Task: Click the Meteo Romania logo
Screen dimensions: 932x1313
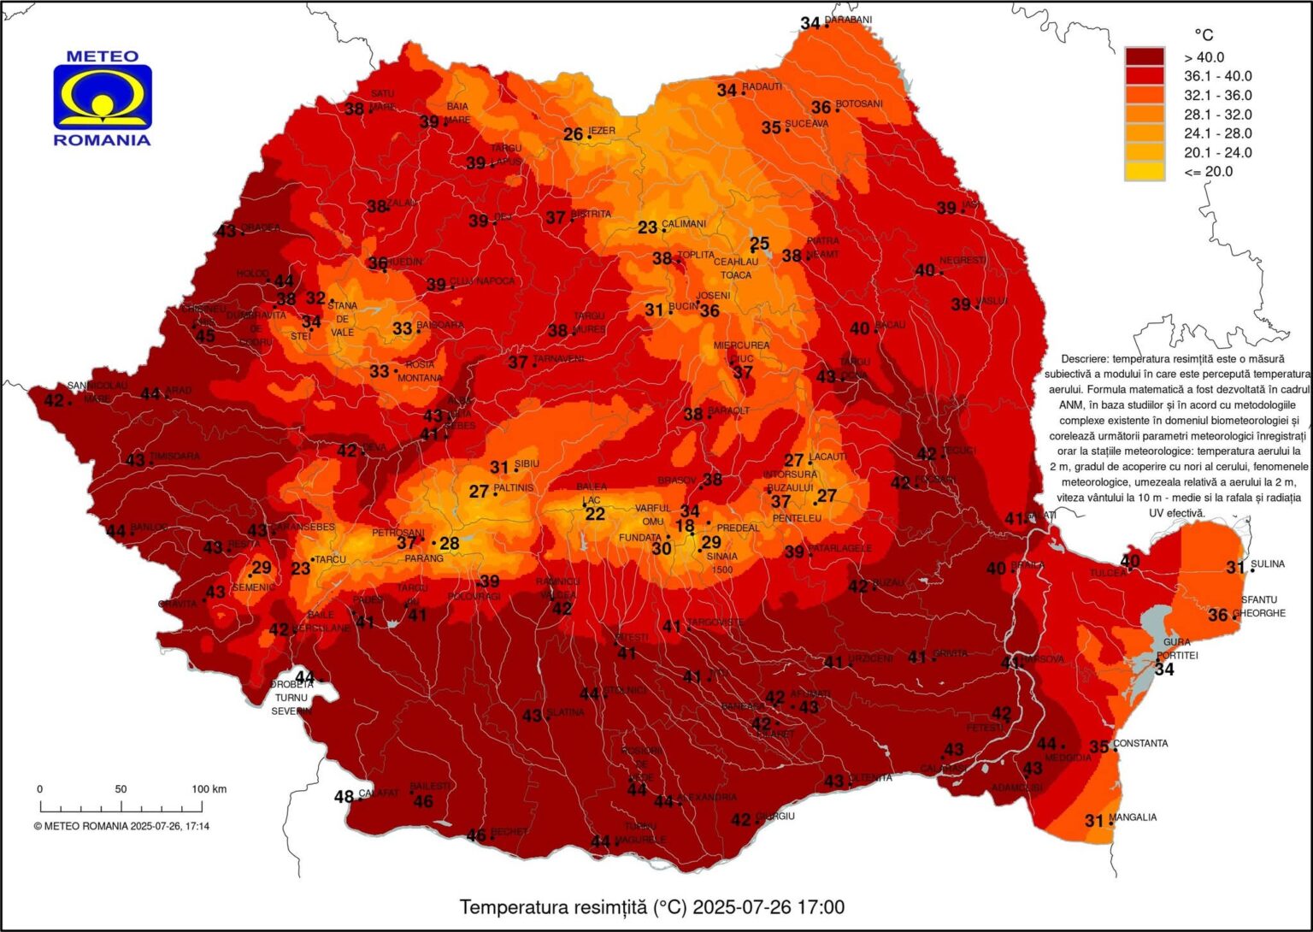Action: (x=103, y=98)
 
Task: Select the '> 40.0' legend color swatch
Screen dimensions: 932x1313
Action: (x=1144, y=57)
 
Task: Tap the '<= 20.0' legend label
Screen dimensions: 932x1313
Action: (x=1208, y=171)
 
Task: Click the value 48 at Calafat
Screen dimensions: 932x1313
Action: (x=344, y=797)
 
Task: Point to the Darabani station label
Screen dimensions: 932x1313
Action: (x=849, y=21)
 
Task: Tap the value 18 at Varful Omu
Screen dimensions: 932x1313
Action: (x=685, y=527)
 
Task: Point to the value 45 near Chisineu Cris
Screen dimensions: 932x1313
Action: (x=206, y=336)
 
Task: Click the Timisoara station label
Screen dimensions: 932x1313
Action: (x=175, y=457)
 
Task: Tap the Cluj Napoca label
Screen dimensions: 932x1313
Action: (x=483, y=281)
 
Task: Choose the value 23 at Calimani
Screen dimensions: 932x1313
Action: (x=648, y=227)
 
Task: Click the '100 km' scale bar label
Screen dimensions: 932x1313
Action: (x=209, y=789)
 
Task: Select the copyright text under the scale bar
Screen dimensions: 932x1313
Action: (x=121, y=826)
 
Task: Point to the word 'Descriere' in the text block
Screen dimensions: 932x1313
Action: (x=1086, y=359)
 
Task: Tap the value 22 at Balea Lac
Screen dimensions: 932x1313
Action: (x=595, y=514)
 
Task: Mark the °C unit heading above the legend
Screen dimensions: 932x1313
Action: (x=1203, y=35)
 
